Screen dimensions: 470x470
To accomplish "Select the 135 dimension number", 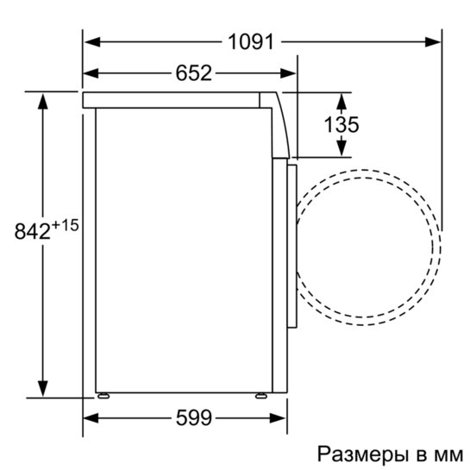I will (x=342, y=124).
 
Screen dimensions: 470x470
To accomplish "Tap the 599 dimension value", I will (x=194, y=419).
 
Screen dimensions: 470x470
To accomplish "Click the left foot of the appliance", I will (x=103, y=396).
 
